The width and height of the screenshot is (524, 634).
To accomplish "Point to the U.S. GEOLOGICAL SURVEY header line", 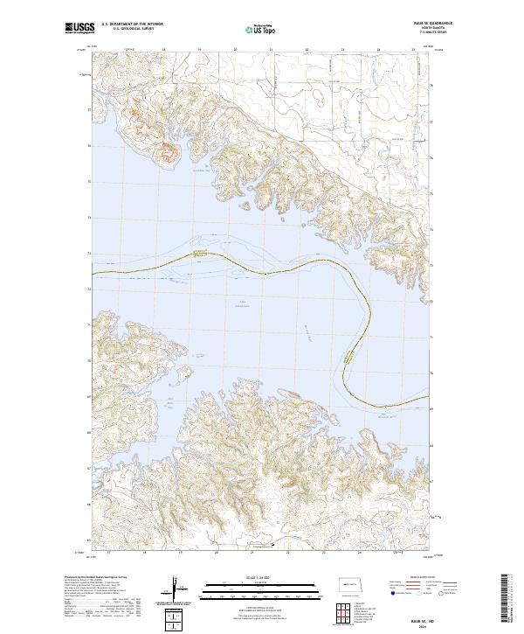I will (x=129, y=31).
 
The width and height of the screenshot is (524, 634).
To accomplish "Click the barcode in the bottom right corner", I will (x=506, y=597).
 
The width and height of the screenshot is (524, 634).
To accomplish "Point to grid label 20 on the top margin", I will (x=236, y=51).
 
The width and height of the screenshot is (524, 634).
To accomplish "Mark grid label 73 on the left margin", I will (x=88, y=254).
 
